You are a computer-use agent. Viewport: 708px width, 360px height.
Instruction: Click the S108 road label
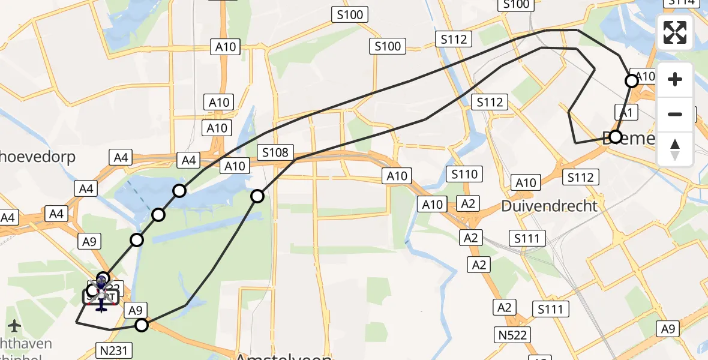click(275, 152)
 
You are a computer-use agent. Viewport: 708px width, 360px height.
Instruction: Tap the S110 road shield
click(464, 174)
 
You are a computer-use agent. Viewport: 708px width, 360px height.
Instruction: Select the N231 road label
click(113, 349)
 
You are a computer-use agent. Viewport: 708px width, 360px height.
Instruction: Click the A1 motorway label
click(625, 112)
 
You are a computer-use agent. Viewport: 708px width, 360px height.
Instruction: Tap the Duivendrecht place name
click(550, 206)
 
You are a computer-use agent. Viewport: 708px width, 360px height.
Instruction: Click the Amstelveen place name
click(283, 356)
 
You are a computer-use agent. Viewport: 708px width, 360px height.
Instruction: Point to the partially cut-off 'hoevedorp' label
click(37, 157)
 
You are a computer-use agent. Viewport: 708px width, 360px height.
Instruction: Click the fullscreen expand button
click(675, 32)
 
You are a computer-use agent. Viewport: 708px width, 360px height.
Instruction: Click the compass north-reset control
click(675, 149)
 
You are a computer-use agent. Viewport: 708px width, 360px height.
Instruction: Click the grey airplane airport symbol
click(14, 326)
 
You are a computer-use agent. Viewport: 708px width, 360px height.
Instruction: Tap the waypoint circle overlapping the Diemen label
click(615, 137)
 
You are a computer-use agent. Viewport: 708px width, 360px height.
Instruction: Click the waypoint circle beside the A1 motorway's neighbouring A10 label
click(632, 80)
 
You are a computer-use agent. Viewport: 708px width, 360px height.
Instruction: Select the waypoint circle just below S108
click(257, 196)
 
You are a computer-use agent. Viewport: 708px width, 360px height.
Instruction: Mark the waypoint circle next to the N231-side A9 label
click(142, 325)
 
